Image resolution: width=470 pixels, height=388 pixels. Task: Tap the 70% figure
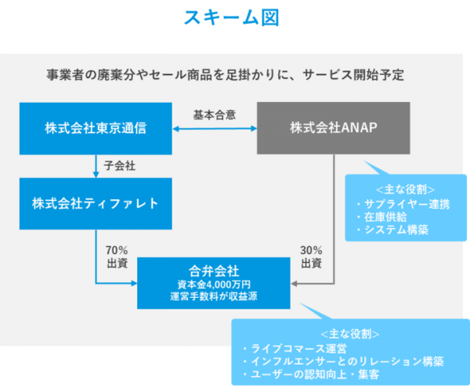(117, 250)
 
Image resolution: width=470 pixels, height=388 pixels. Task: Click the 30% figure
(312, 250)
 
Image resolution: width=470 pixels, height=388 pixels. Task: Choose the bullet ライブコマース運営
(308, 347)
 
